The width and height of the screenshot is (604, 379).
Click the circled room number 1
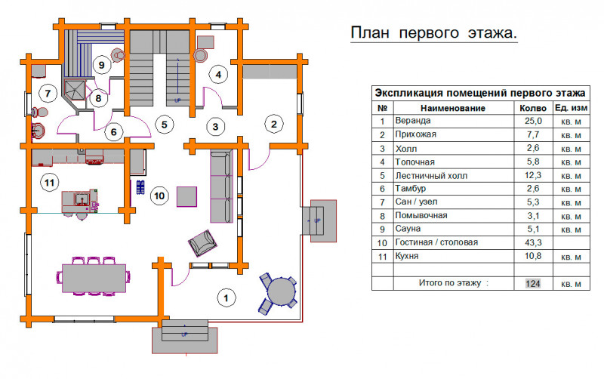click(226, 297)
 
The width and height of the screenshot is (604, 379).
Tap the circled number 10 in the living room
click(159, 196)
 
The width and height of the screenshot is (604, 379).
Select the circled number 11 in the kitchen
click(49, 182)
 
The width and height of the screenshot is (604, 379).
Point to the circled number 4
click(218, 74)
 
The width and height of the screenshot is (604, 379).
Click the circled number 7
click(48, 93)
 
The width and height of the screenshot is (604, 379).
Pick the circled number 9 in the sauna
click(102, 64)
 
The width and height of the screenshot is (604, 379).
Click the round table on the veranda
click(282, 292)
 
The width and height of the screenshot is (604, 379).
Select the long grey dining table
click(94, 278)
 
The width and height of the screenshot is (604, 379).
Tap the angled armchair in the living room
click(202, 243)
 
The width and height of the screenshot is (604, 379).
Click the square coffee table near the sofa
click(186, 196)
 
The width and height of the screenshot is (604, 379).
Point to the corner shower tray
click(75, 91)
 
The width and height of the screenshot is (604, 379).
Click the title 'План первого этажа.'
click(433, 33)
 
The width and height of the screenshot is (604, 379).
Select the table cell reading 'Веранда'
click(412, 121)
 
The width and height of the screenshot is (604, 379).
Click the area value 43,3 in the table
click(533, 242)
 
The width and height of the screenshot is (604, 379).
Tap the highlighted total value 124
click(533, 283)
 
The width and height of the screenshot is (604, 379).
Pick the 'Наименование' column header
click(452, 108)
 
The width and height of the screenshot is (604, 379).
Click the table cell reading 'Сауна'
click(408, 229)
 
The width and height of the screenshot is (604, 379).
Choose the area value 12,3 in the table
click(533, 175)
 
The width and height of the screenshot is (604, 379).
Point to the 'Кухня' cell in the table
click(407, 256)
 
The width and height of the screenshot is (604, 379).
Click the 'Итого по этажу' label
click(454, 283)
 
